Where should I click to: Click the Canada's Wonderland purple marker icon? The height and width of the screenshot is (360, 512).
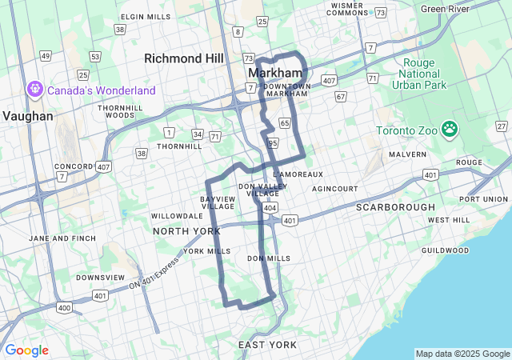(x=35, y=90)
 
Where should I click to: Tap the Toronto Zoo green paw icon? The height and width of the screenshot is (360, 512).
(x=450, y=129)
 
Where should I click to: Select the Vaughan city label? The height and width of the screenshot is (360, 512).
(x=27, y=116)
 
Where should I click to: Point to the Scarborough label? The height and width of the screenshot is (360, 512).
(x=395, y=207)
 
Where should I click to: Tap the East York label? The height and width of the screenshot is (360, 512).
(x=267, y=345)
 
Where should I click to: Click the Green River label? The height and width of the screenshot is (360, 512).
(x=445, y=9)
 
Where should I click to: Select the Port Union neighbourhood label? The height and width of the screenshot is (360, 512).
(x=485, y=198)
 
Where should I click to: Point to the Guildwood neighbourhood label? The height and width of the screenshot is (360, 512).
(x=445, y=250)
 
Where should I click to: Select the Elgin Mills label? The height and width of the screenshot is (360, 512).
(x=146, y=17)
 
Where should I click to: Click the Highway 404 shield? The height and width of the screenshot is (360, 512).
(x=270, y=207)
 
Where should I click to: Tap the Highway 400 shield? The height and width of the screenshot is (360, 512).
(x=64, y=307)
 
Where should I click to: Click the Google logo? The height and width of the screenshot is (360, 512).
(x=26, y=350)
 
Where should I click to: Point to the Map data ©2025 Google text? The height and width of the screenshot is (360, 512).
(x=462, y=354)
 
